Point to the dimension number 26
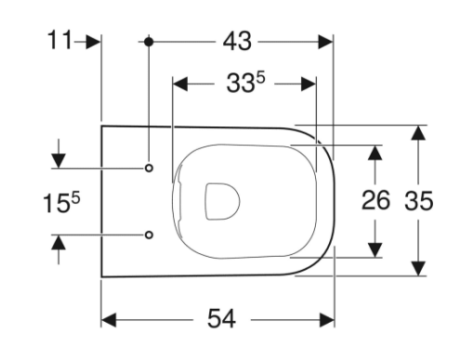375,201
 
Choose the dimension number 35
419,201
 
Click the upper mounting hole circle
149,168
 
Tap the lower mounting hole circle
149,234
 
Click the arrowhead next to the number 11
92,42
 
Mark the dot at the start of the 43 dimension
149,42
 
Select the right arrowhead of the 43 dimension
324,42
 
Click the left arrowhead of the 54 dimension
109,320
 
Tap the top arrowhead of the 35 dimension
419,132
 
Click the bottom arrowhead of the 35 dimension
419,269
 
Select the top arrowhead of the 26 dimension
375,152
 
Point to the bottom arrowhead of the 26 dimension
375,249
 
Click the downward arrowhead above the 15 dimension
59,160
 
